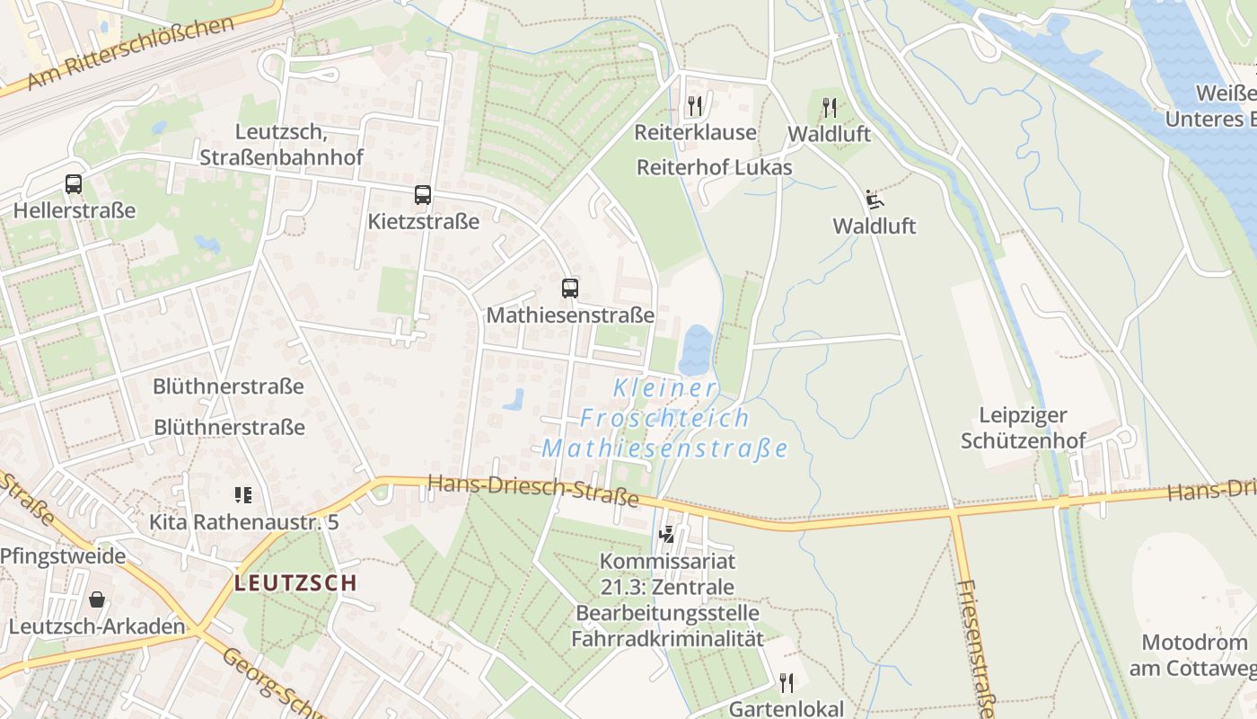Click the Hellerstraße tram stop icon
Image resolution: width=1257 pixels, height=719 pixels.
tap(74, 184)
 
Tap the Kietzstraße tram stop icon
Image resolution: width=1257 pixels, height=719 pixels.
tap(422, 194)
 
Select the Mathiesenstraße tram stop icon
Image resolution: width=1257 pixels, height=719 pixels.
tap(569, 288)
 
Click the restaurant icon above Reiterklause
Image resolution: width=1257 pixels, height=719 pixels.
tap(694, 106)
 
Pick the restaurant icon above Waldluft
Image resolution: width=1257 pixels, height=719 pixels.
tap(829, 108)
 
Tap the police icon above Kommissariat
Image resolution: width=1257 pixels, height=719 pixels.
tap(666, 535)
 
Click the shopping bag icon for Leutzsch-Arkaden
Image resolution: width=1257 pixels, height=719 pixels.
tap(97, 599)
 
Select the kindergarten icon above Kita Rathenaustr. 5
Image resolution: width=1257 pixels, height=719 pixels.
tap(242, 494)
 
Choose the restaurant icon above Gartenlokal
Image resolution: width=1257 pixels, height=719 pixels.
tap(787, 683)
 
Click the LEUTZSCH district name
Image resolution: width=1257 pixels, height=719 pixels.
tap(295, 582)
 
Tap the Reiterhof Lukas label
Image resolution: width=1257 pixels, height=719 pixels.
tap(714, 167)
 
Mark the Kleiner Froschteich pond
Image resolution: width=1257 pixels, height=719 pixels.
tap(695, 350)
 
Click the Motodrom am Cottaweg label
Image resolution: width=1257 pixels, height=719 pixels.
tap(1194, 655)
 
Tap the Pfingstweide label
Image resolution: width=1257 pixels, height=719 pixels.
tap(63, 555)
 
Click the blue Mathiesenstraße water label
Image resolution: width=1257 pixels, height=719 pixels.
tap(664, 448)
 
